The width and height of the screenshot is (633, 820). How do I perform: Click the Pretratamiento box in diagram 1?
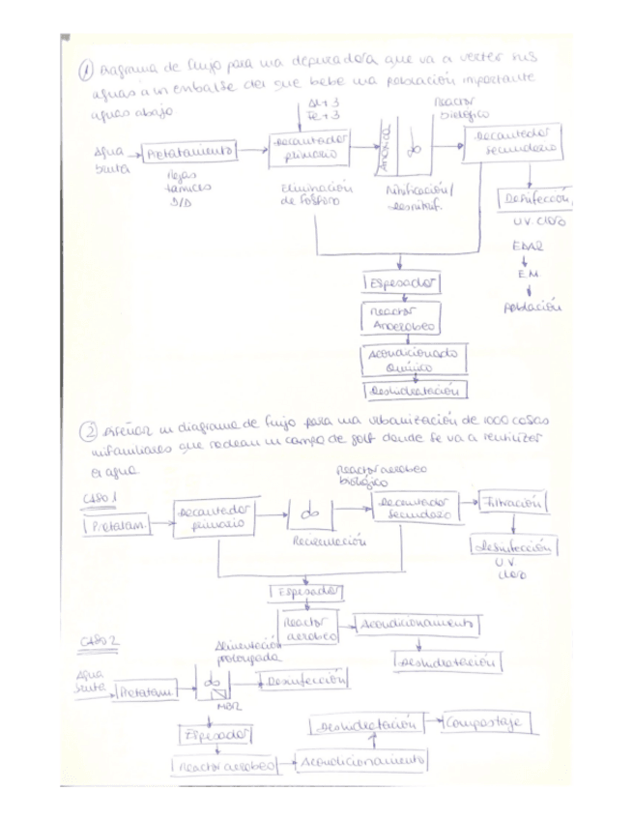(x=189, y=152)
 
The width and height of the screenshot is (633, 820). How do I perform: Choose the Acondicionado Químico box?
(x=413, y=359)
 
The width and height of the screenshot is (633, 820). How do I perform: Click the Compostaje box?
(x=488, y=722)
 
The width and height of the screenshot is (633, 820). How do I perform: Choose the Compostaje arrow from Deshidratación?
(x=433, y=722)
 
